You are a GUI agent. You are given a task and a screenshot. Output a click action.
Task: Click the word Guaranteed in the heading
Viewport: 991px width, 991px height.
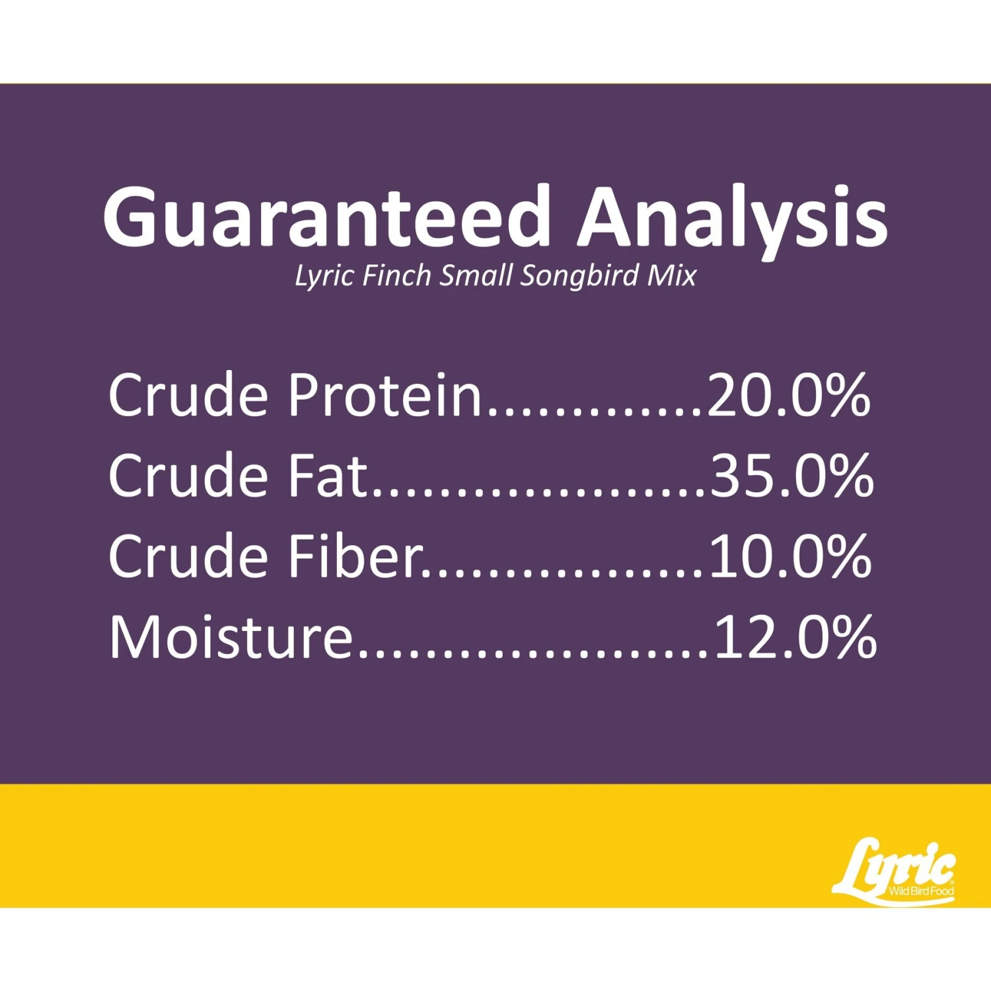coord(327,216)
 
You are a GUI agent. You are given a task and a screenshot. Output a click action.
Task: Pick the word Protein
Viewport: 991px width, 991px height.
coord(385,395)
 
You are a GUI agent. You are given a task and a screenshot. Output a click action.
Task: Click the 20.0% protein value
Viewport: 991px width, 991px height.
coord(789,395)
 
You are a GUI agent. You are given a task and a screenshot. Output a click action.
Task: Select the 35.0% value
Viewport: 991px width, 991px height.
coord(791,475)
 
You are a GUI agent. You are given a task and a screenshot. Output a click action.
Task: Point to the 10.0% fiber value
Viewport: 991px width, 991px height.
coord(790,556)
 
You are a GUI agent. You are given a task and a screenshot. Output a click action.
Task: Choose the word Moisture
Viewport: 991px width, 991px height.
coord(231,636)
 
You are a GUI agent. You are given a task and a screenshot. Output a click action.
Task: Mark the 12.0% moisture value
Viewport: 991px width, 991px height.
coord(795,636)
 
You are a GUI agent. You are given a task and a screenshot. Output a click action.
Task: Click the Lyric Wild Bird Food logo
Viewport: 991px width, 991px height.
coord(894,871)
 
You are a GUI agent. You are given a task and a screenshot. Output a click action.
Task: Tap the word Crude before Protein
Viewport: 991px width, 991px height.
coord(188,395)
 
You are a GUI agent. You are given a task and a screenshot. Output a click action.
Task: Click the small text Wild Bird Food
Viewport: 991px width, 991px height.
coord(921,891)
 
